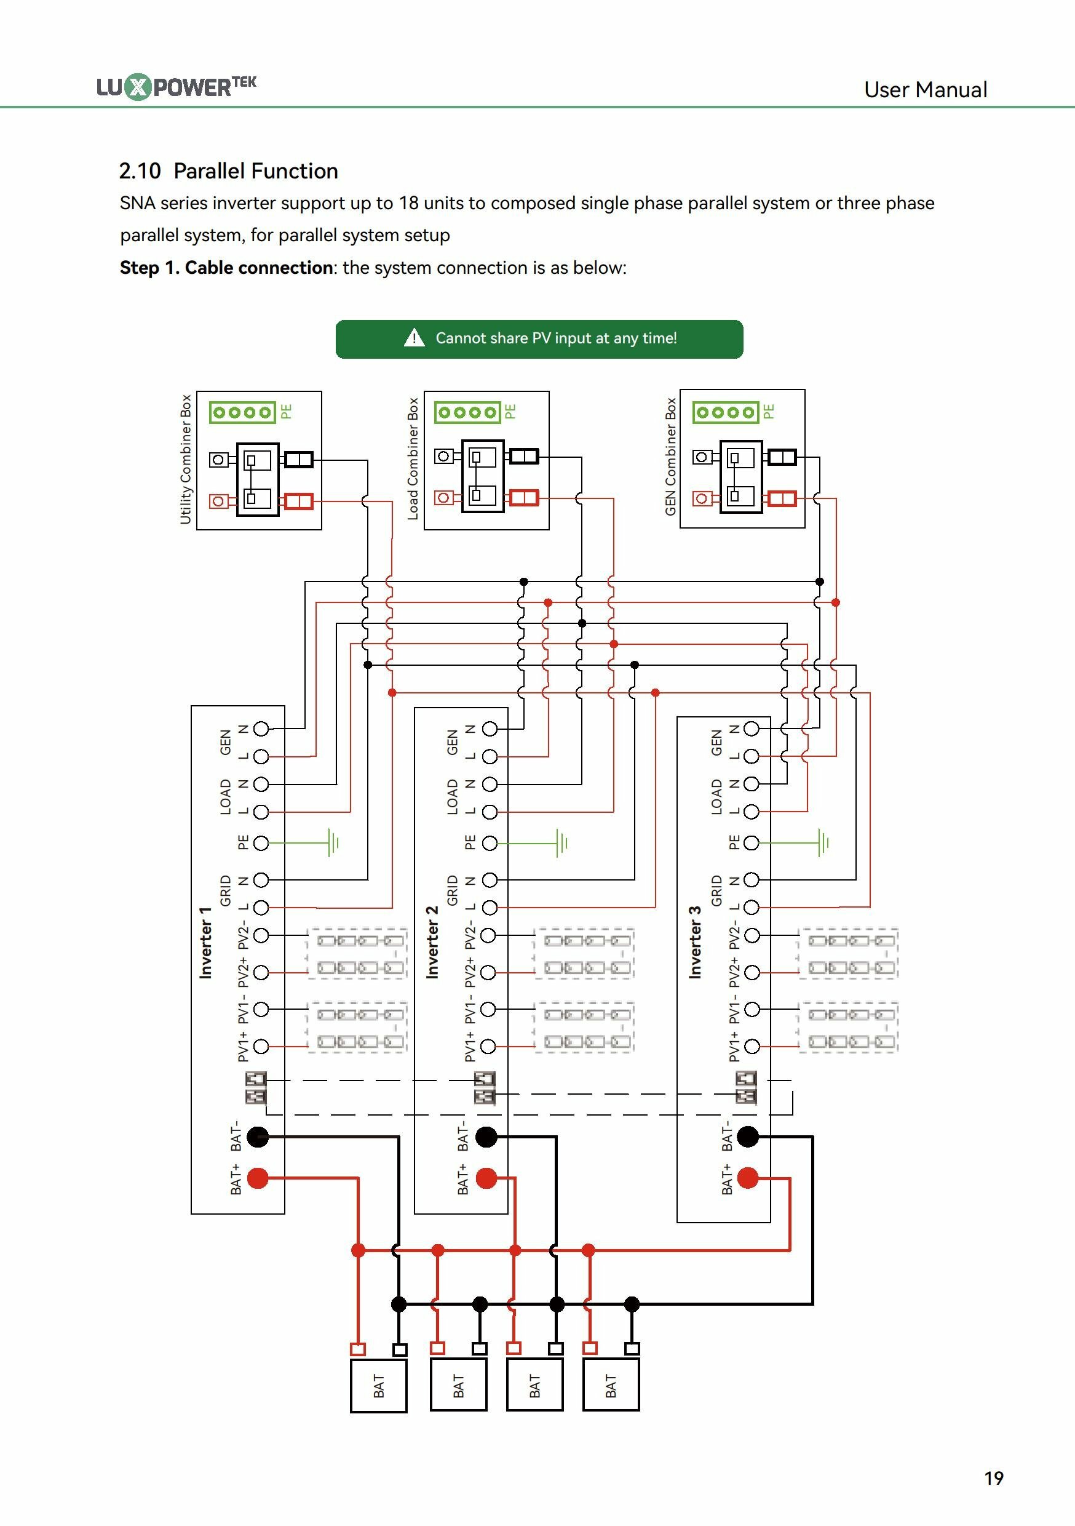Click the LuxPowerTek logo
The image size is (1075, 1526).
pyautogui.click(x=176, y=86)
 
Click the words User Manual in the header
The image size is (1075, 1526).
pyautogui.click(x=926, y=90)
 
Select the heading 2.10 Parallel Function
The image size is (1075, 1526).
pyautogui.click(x=229, y=171)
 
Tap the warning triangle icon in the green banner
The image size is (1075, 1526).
pyautogui.click(x=414, y=338)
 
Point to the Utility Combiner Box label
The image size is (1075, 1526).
pyautogui.click(x=185, y=459)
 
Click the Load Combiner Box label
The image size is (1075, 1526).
pyautogui.click(x=413, y=458)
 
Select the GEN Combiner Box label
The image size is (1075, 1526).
pyautogui.click(x=670, y=457)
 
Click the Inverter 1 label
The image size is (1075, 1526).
pyautogui.click(x=205, y=943)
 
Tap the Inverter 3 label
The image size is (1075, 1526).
pyautogui.click(x=695, y=943)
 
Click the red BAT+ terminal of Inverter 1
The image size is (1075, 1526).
pyautogui.click(x=258, y=1178)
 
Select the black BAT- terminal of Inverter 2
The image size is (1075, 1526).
pyautogui.click(x=486, y=1137)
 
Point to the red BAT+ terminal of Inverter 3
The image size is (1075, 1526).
pyautogui.click(x=748, y=1178)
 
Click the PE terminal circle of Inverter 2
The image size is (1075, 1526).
pyautogui.click(x=490, y=844)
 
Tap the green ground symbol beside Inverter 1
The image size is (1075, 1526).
pyautogui.click(x=333, y=843)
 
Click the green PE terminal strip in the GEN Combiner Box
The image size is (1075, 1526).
pyautogui.click(x=726, y=412)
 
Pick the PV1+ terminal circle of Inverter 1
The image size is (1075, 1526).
pyautogui.click(x=261, y=1047)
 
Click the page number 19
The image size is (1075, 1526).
pyautogui.click(x=994, y=1478)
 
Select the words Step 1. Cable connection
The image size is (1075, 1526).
pyautogui.click(x=226, y=268)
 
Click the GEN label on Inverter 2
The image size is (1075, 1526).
pyautogui.click(x=453, y=743)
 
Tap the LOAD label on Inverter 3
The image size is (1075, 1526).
pyautogui.click(x=716, y=797)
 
